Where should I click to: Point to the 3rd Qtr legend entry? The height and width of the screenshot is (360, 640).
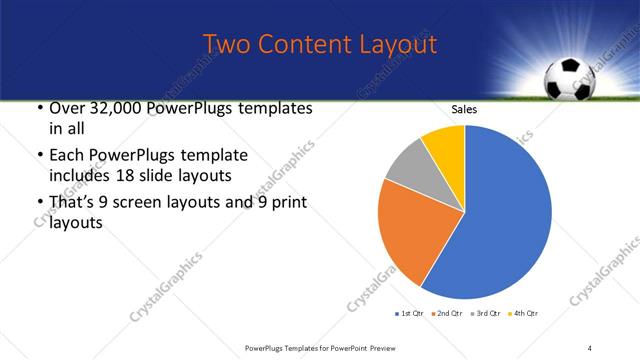485,314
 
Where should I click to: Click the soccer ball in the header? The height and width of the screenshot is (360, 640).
568,80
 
